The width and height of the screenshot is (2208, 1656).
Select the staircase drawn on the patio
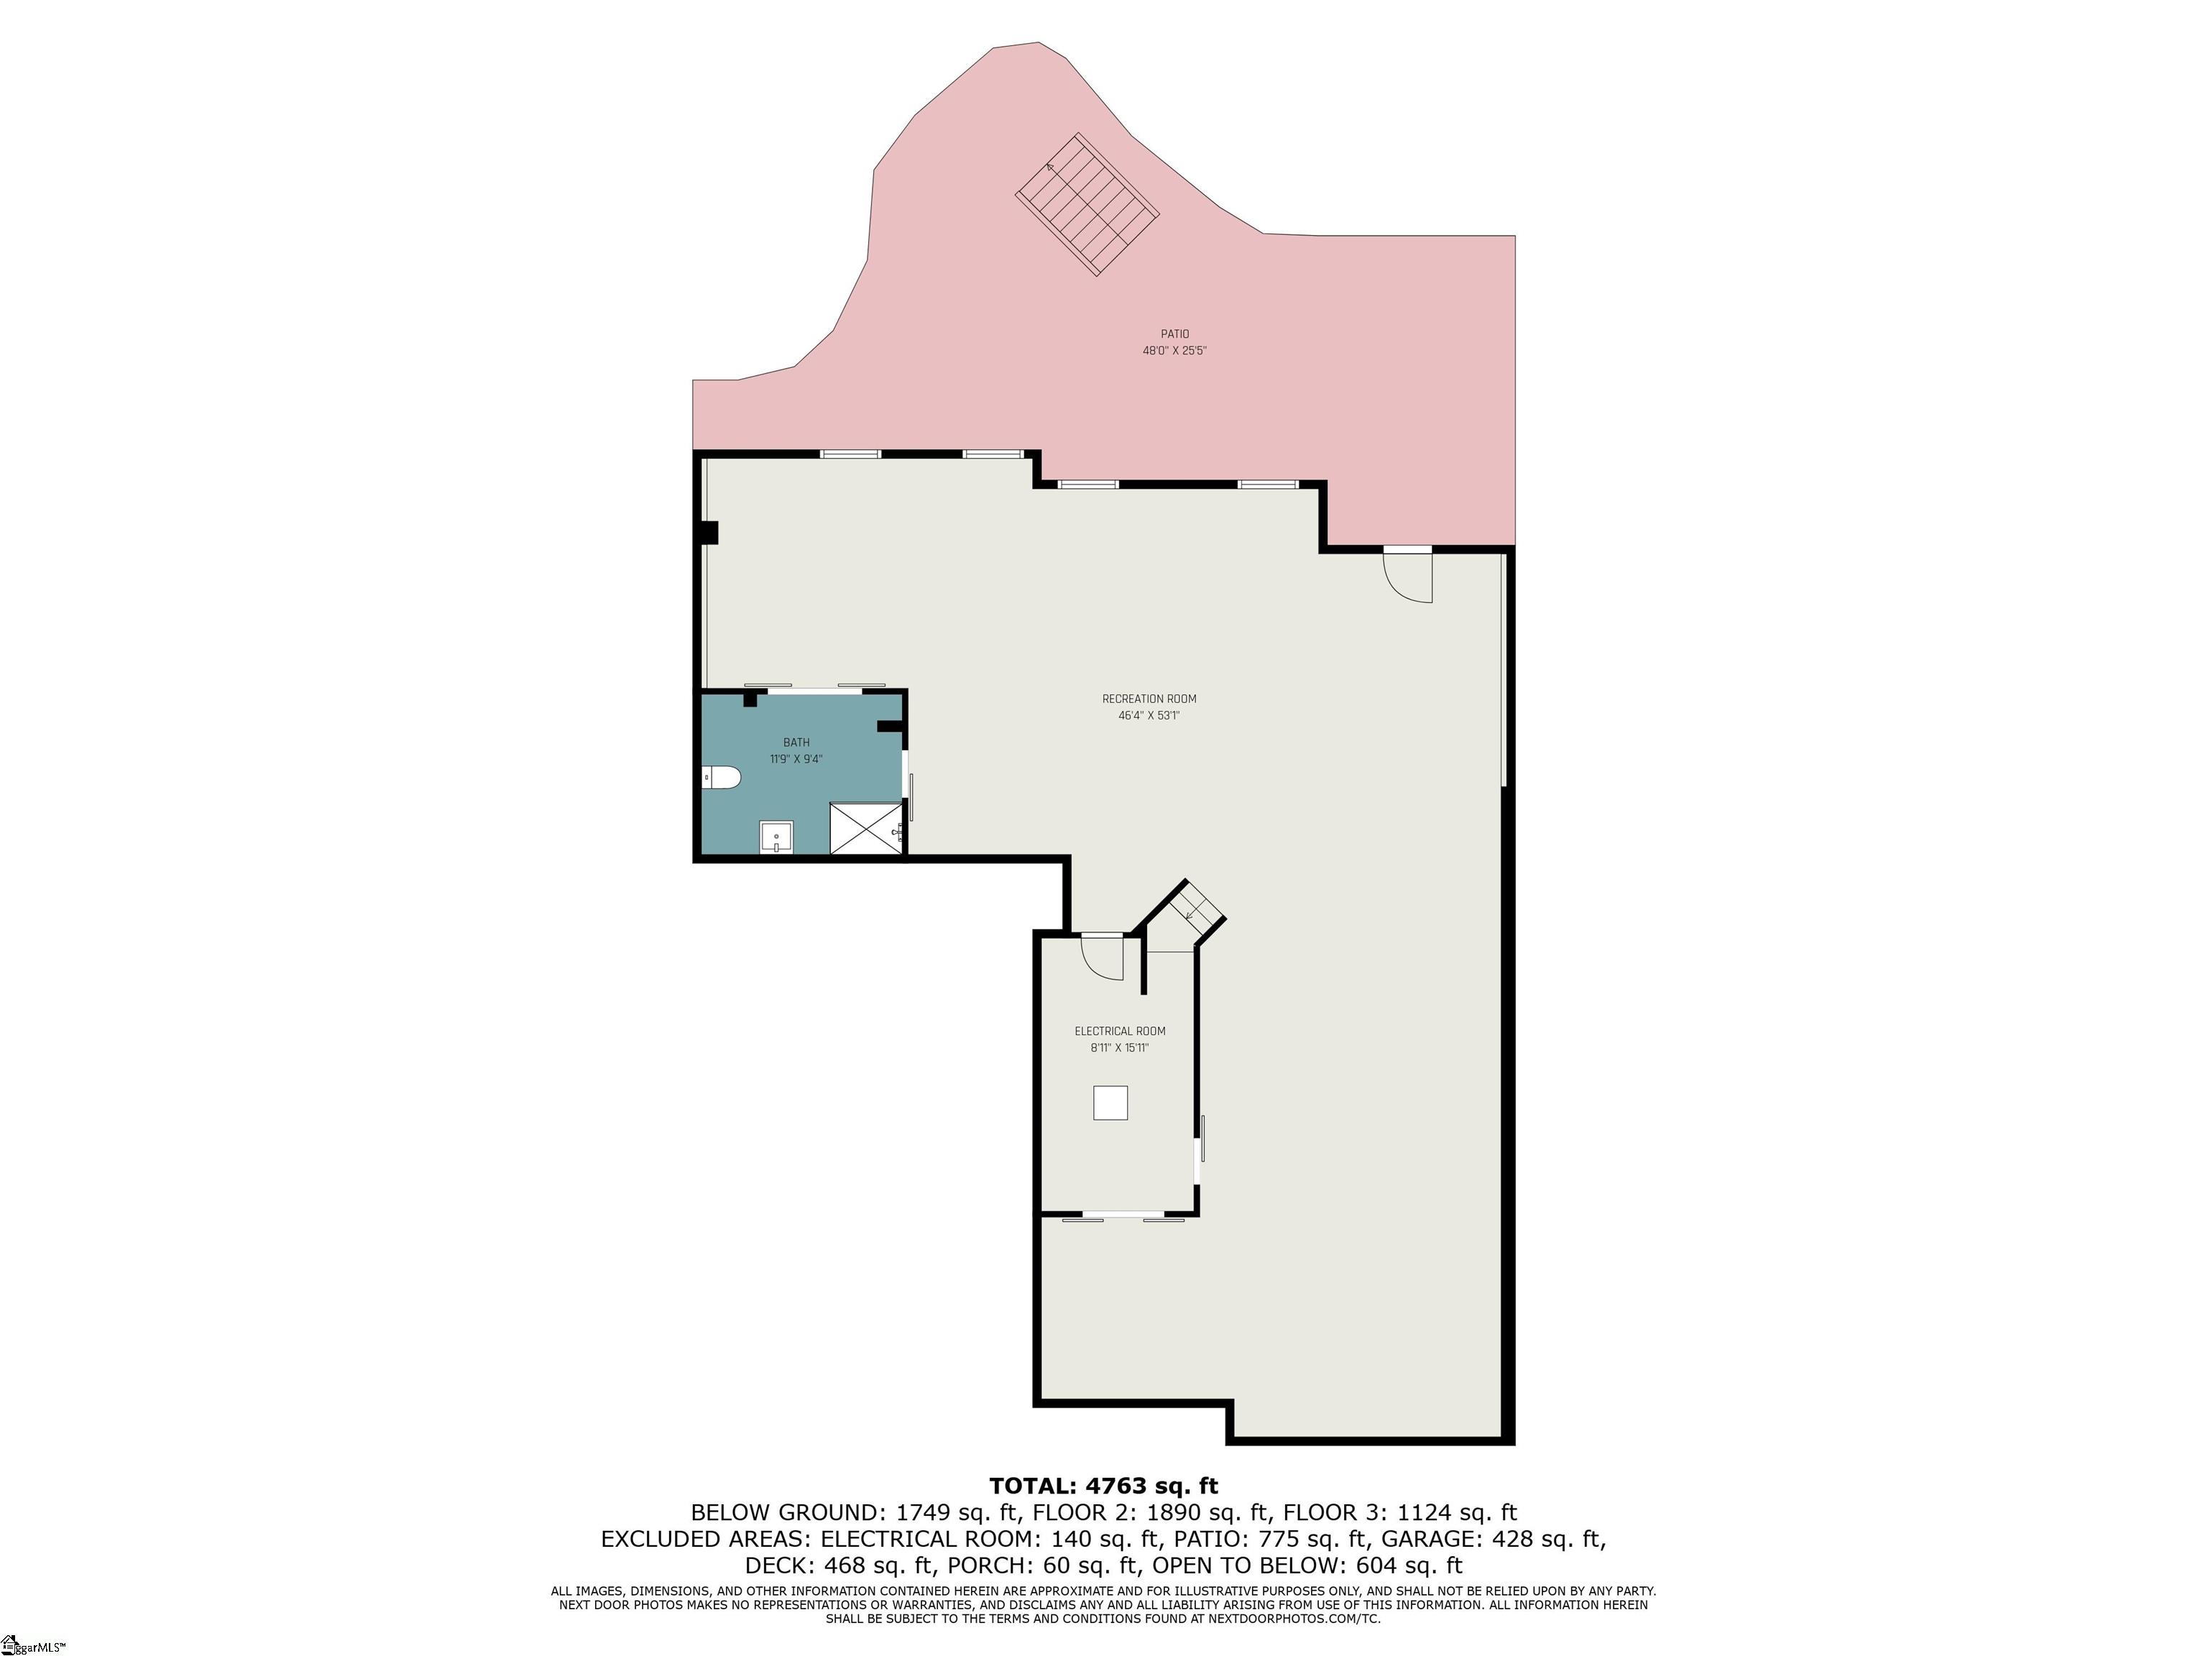click(1087, 205)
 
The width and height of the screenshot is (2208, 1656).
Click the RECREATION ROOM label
click(1149, 699)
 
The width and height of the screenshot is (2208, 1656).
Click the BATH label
click(796, 742)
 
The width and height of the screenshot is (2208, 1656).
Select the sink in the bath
click(776, 837)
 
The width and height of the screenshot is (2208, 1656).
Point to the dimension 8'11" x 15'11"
click(1119, 1048)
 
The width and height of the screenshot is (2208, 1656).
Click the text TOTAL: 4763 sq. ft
click(1103, 1486)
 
